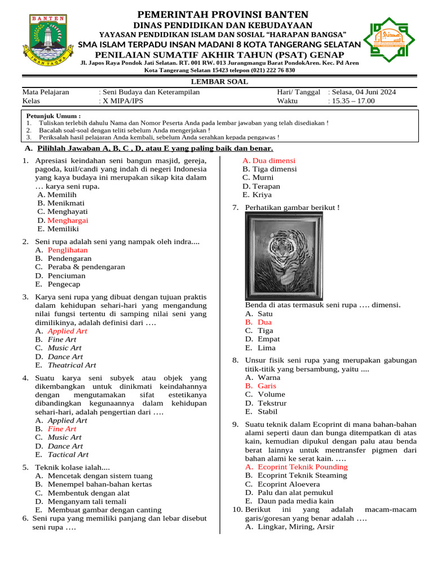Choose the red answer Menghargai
[68, 221]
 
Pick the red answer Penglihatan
[68, 249]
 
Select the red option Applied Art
[67, 331]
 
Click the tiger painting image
[284, 256]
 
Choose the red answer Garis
[267, 386]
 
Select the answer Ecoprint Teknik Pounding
[302, 467]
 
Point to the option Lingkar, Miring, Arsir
[295, 527]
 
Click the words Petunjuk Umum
[54, 115]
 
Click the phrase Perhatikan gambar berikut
[292, 208]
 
